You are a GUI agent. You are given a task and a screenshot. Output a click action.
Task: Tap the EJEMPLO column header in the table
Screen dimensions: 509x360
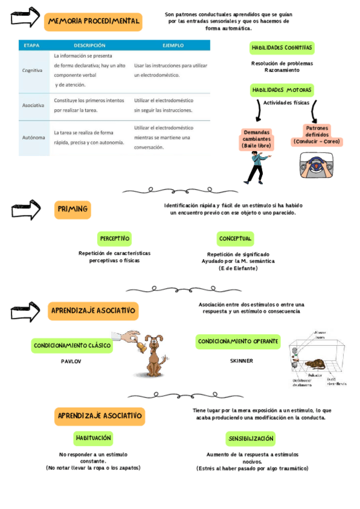pyautogui.click(x=173, y=45)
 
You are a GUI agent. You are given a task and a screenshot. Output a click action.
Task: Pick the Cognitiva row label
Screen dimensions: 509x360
pyautogui.click(x=32, y=70)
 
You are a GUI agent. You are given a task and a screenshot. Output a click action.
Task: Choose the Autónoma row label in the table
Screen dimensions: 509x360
pyautogui.click(x=34, y=137)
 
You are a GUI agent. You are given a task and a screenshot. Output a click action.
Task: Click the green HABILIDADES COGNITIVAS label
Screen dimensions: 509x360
pyautogui.click(x=281, y=48)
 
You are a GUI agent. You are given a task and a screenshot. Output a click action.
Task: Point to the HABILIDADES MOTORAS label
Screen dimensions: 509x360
pyautogui.click(x=281, y=90)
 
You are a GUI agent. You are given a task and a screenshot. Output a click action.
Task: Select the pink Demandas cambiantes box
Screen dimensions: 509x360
pyautogui.click(x=257, y=139)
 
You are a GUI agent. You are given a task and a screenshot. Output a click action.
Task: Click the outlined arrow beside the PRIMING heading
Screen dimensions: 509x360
pyautogui.click(x=25, y=210)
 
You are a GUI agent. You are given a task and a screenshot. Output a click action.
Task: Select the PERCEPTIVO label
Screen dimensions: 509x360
pyautogui.click(x=114, y=239)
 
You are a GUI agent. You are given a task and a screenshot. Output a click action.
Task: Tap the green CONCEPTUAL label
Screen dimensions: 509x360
pyautogui.click(x=235, y=239)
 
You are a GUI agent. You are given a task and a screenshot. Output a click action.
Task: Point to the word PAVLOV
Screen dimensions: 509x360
pyautogui.click(x=71, y=362)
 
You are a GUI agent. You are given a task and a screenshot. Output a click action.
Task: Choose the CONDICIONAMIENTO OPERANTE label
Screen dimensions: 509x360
pyautogui.click(x=238, y=342)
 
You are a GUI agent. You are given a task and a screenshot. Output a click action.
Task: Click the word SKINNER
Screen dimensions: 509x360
pyautogui.click(x=241, y=361)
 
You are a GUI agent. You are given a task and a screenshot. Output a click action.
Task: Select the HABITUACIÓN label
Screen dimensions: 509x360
pyautogui.click(x=93, y=438)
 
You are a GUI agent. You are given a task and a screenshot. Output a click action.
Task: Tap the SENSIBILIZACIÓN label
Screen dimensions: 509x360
pyautogui.click(x=251, y=439)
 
